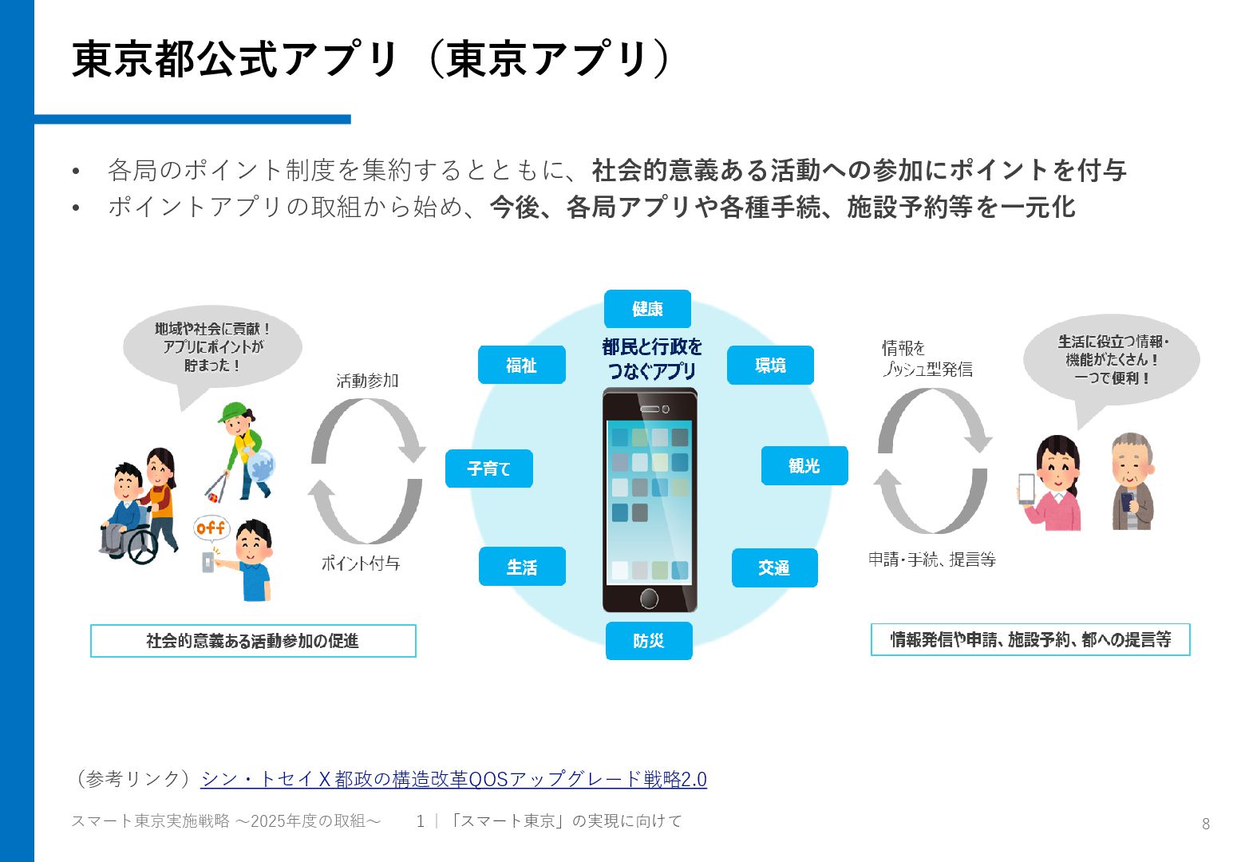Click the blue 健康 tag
[647, 309]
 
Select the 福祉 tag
[521, 365]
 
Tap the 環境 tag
[770, 365]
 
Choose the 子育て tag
[488, 469]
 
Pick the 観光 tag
[804, 465]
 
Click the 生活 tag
[522, 567]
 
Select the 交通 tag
[774, 567]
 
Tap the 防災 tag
[648, 640]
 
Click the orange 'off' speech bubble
[211, 528]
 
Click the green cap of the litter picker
[232, 413]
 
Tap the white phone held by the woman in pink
[1026, 488]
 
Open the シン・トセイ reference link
[453, 779]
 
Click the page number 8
[1205, 824]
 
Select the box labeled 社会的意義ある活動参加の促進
[253, 641]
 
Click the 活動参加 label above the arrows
[367, 381]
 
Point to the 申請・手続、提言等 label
[932, 560]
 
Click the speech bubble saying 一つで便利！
[1112, 360]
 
